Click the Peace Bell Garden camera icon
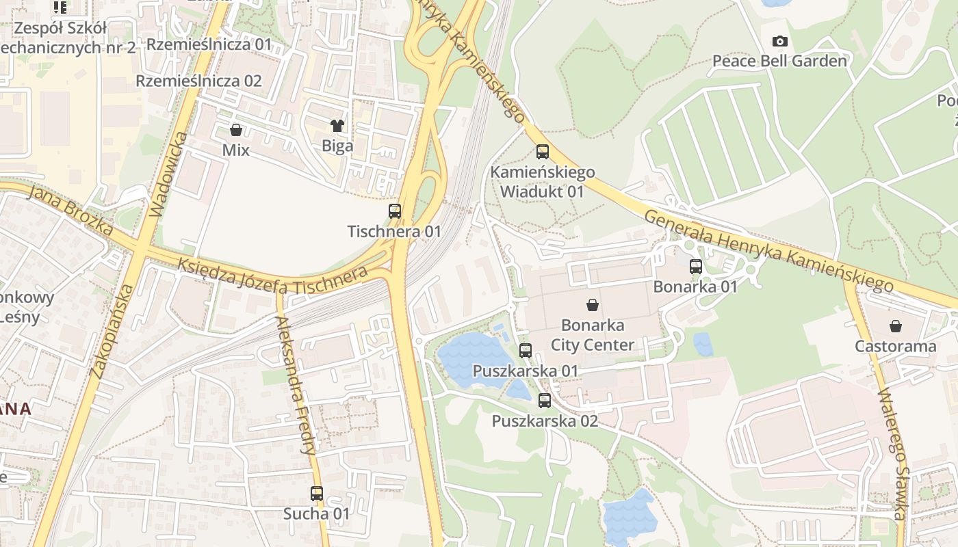tap(779, 42)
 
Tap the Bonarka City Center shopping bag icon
tap(593, 305)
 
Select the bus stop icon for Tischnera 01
tap(395, 211)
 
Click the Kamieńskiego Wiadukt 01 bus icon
tap(543, 152)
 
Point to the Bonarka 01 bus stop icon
tap(696, 267)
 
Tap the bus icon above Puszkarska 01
tap(526, 351)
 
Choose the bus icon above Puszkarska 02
tap(545, 401)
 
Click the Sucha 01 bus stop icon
tap(317, 494)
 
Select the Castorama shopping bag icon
tap(896, 326)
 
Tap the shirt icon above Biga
tap(337, 125)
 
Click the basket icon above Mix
tap(236, 129)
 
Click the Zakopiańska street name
tap(110, 330)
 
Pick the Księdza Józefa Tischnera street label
tap(272, 275)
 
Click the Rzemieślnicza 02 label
tap(198, 81)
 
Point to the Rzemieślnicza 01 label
tap(209, 44)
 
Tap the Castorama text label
tap(896, 346)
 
